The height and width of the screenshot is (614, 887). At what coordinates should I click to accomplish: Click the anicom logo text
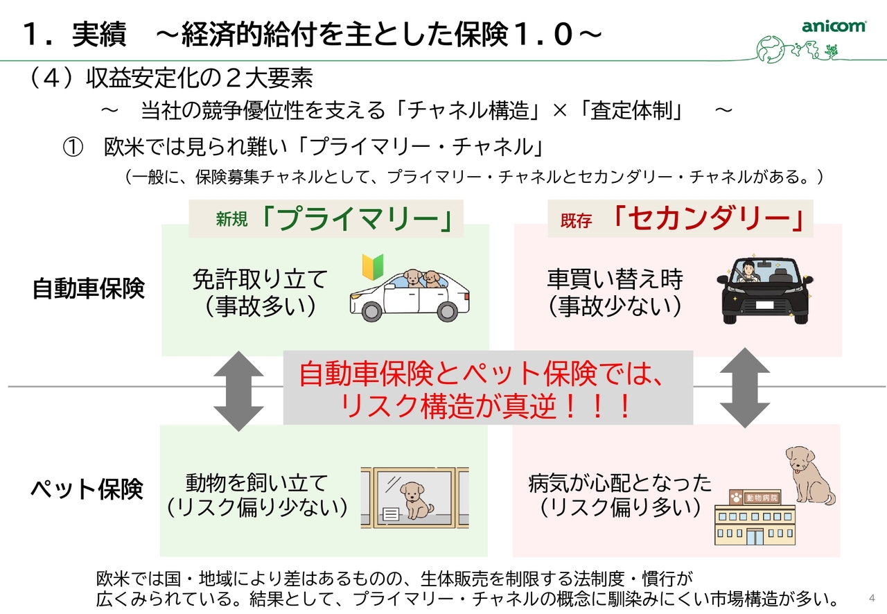pyautogui.click(x=834, y=26)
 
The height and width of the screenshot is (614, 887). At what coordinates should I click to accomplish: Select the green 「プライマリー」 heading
pyautogui.click(x=357, y=219)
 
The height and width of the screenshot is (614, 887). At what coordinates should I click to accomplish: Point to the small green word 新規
pyautogui.click(x=231, y=220)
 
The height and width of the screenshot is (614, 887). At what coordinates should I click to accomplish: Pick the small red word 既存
pyautogui.click(x=576, y=221)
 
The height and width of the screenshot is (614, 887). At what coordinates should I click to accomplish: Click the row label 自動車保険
pyautogui.click(x=88, y=288)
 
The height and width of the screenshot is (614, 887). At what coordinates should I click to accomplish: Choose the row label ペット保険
pyautogui.click(x=87, y=489)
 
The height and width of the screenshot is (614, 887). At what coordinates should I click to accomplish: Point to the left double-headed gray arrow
pyautogui.click(x=238, y=391)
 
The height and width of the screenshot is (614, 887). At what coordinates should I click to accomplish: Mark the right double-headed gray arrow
pyautogui.click(x=745, y=387)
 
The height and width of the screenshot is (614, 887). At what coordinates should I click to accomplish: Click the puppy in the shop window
pyautogui.click(x=414, y=500)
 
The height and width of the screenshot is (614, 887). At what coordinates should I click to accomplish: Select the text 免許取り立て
pyautogui.click(x=260, y=279)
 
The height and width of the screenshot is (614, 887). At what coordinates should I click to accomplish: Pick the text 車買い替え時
pyautogui.click(x=615, y=279)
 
